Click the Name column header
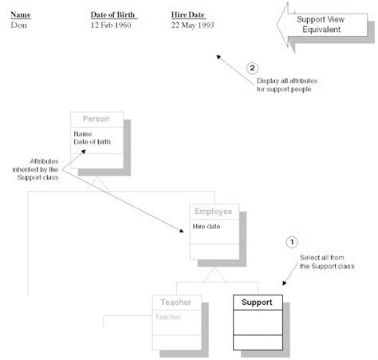21,15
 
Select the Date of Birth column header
114,15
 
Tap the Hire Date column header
189,15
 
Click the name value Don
19,26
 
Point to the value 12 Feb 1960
115,26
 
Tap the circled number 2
254,68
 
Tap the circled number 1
291,241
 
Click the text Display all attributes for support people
284,85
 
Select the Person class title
96,118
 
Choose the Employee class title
214,212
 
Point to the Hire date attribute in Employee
208,227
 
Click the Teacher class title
176,303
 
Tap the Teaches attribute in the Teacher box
169,317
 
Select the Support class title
256,303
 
